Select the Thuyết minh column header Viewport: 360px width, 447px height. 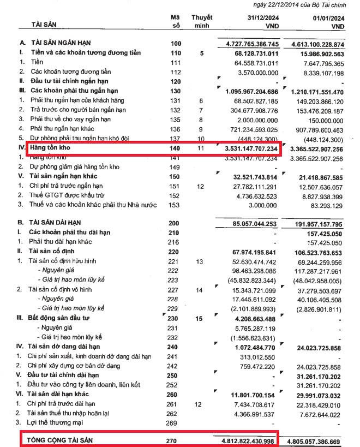tap(202, 22)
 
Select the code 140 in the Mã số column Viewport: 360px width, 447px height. tap(175, 148)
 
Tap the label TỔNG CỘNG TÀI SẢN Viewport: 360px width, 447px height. tap(68, 440)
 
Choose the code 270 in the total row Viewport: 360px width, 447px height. tap(175, 440)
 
